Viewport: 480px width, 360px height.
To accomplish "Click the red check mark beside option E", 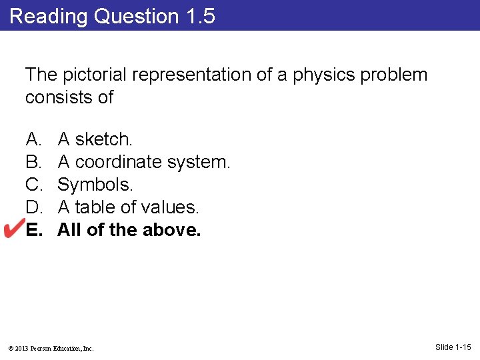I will pyautogui.click(x=13, y=229).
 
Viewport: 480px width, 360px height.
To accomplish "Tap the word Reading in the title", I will pyautogui.click(x=49, y=16).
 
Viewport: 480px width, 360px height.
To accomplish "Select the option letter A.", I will pyautogui.click(x=33, y=139).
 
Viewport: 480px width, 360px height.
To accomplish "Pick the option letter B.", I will pyautogui.click(x=33, y=162).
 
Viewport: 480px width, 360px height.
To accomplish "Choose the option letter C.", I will pyautogui.click(x=33, y=185).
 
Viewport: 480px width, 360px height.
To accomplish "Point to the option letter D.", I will pyautogui.click(x=33, y=207).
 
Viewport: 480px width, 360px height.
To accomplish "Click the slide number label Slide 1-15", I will pyautogui.click(x=453, y=347).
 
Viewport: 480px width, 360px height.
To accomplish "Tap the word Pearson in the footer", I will pyautogui.click(x=43, y=348).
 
